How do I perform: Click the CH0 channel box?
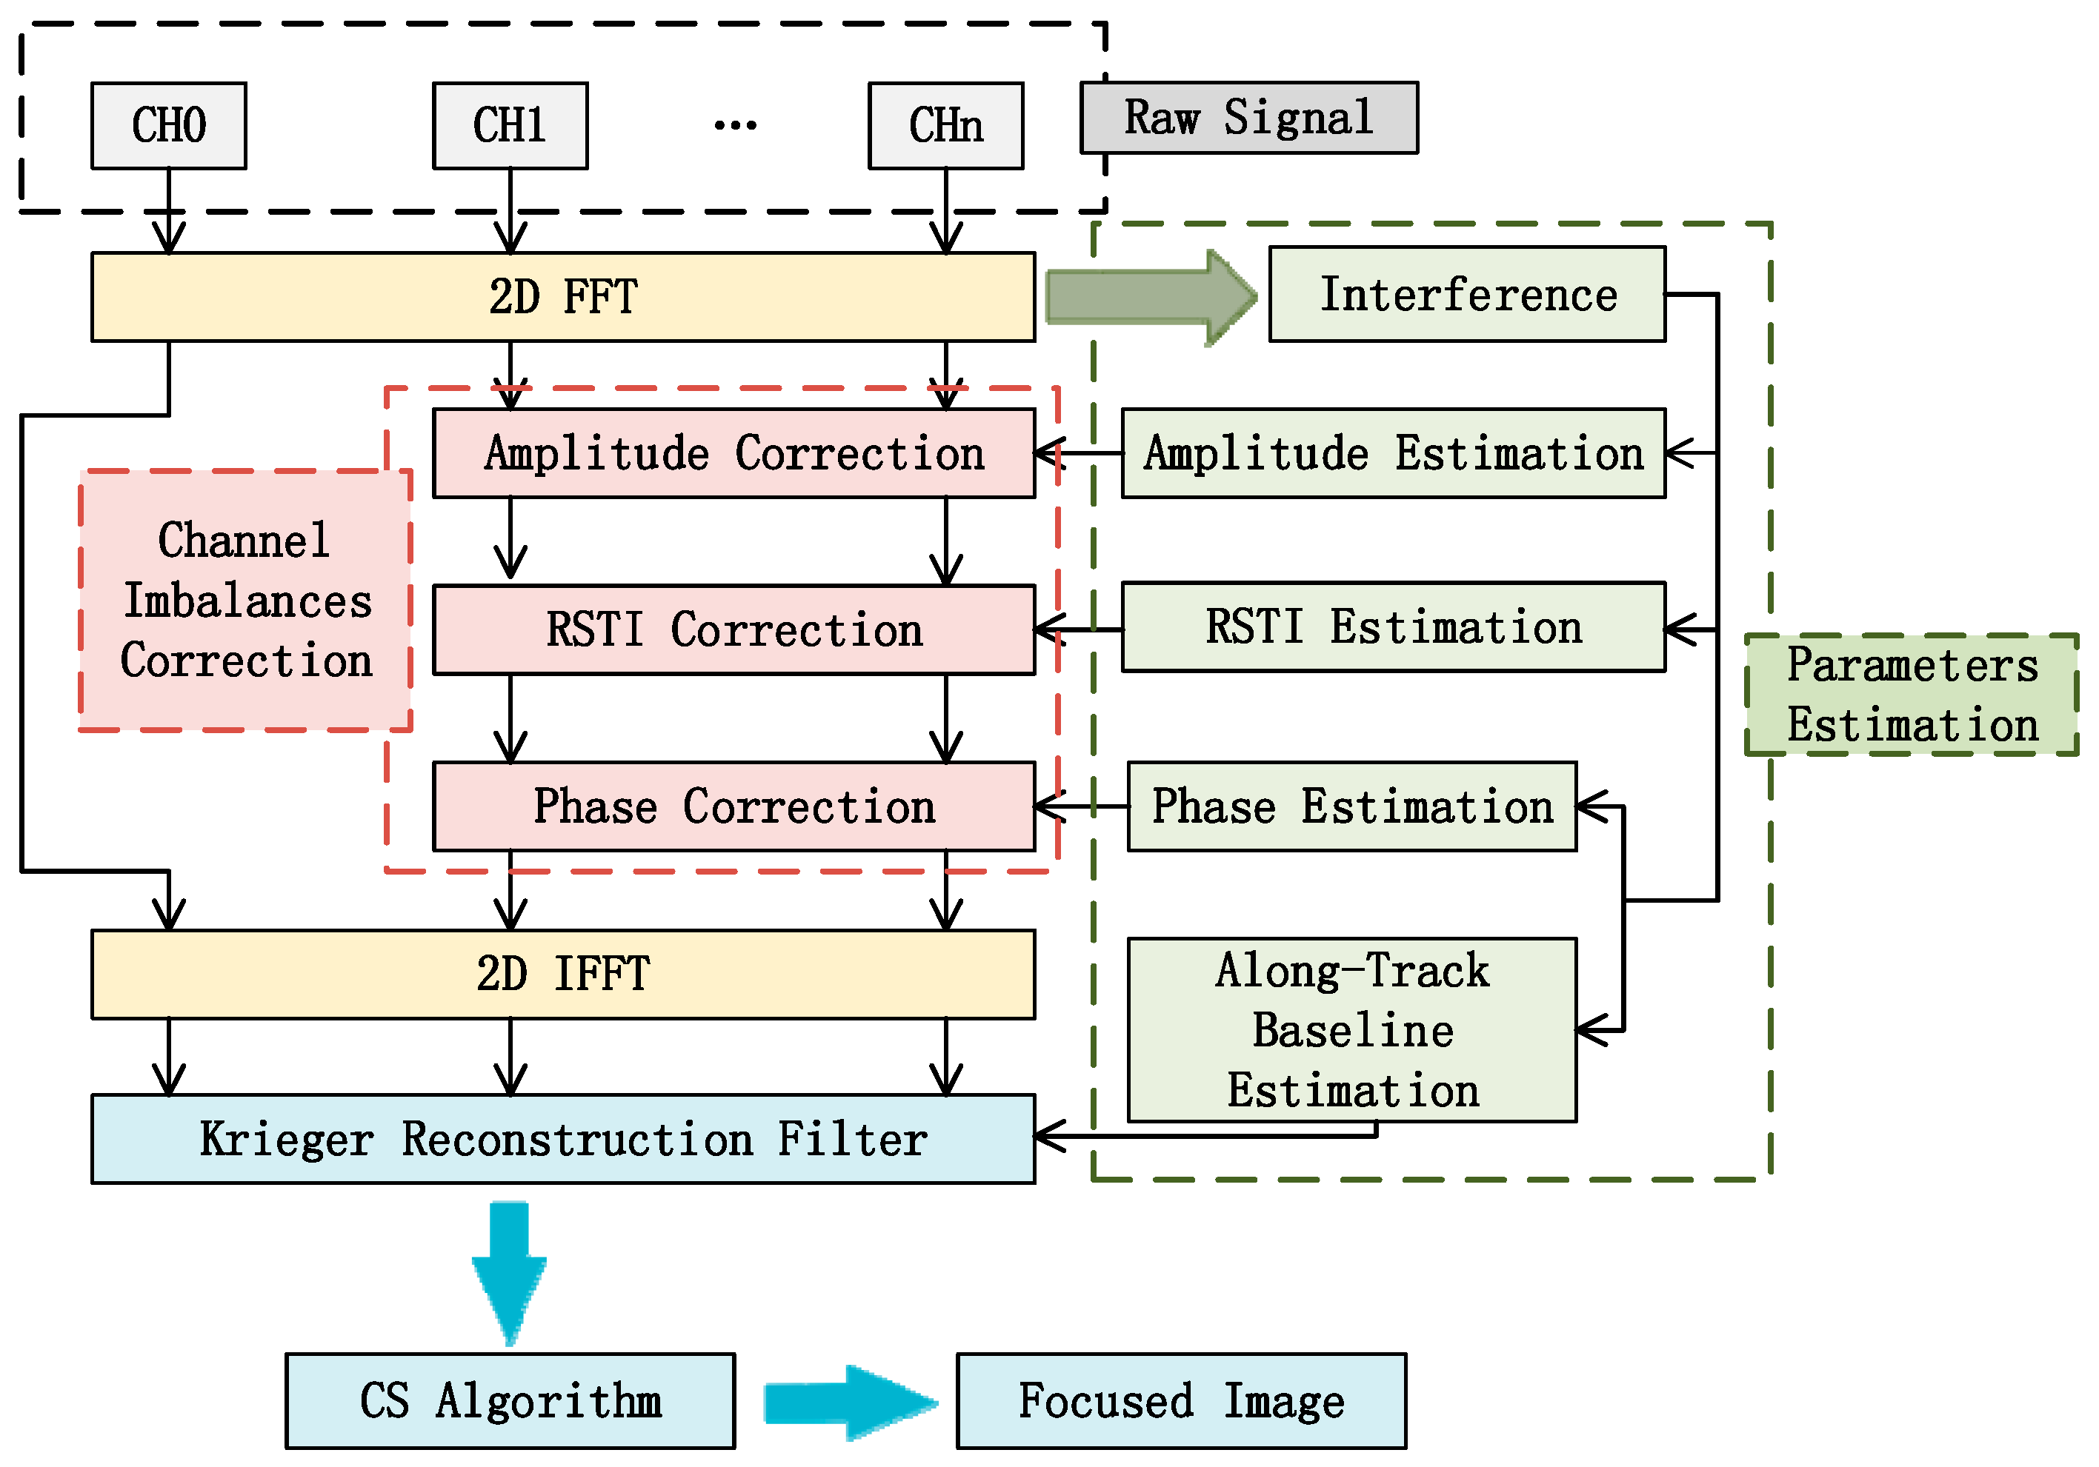pyautogui.click(x=169, y=125)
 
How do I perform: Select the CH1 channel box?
pyautogui.click(x=510, y=125)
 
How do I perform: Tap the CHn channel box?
pyautogui.click(x=946, y=125)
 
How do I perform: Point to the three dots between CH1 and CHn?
pyautogui.click(x=735, y=124)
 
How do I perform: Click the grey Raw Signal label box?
pyautogui.click(x=1248, y=117)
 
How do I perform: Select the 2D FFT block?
pyautogui.click(x=563, y=297)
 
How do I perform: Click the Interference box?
pyautogui.click(x=1467, y=294)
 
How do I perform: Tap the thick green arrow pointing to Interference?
pyautogui.click(x=1151, y=297)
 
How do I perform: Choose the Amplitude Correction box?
pyautogui.click(x=734, y=453)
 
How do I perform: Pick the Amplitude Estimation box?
pyautogui.click(x=1393, y=453)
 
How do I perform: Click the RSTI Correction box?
pyautogui.click(x=734, y=629)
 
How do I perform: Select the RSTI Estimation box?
pyautogui.click(x=1393, y=627)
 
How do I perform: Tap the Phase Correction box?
pyautogui.click(x=734, y=806)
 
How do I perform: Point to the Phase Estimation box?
pyautogui.click(x=1352, y=806)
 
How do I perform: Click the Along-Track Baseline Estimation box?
pyautogui.click(x=1352, y=1030)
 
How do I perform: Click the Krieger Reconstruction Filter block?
pyautogui.click(x=563, y=1139)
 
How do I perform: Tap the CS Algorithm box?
pyautogui.click(x=510, y=1400)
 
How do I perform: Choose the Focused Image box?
pyautogui.click(x=1181, y=1400)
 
